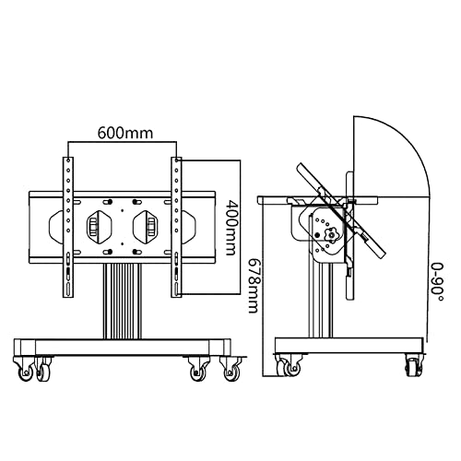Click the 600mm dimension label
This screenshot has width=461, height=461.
(x=125, y=133)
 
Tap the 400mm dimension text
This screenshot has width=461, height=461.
(x=230, y=228)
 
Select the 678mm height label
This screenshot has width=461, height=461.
(x=254, y=286)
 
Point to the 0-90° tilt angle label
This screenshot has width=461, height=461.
(x=437, y=282)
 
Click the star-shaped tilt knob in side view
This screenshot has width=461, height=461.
(x=332, y=236)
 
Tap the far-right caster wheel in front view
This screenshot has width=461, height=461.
(x=230, y=370)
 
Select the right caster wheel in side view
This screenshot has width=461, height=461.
(x=413, y=365)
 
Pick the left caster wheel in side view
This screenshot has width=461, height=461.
(x=288, y=365)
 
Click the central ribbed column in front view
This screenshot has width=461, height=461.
(x=123, y=301)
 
